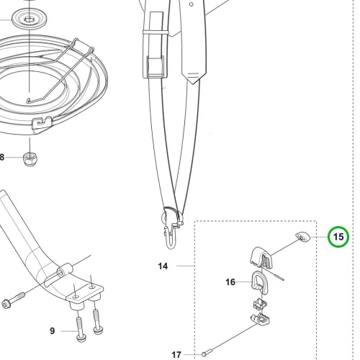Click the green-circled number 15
(338, 237)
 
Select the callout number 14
(163, 266)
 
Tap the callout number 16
(230, 282)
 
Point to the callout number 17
(176, 354)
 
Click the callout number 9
(53, 331)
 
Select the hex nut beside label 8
(30, 159)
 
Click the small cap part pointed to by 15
(302, 238)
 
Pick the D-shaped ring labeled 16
(259, 282)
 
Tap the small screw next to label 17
(207, 353)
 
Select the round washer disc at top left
(30, 19)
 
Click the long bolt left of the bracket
(13, 300)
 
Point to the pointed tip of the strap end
(193, 84)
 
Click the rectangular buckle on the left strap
(154, 67)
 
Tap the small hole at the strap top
(192, 4)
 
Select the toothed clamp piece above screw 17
(259, 320)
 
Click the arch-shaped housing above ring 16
(261, 257)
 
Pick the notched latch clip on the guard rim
(42, 123)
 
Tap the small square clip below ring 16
(260, 304)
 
